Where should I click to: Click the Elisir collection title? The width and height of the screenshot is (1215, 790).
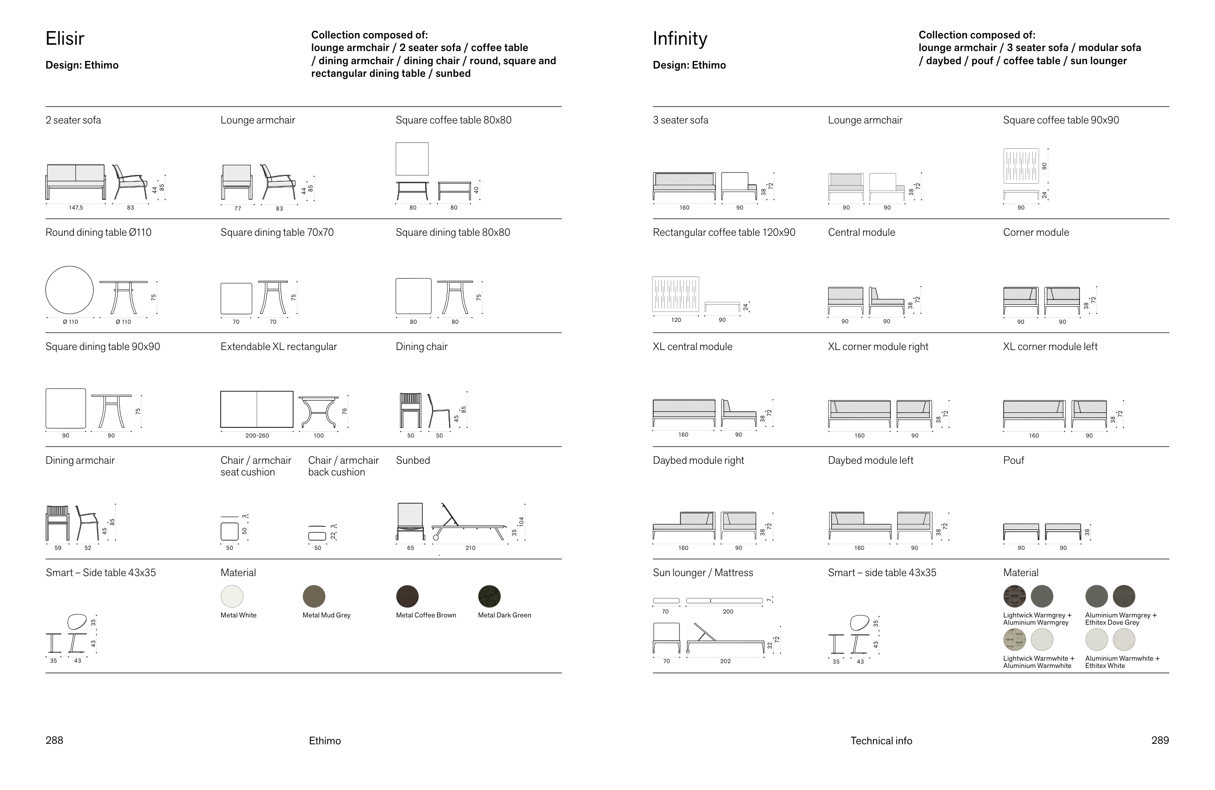click(65, 38)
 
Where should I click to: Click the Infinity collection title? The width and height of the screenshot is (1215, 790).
click(680, 38)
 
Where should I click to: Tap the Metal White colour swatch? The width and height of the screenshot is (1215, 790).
click(232, 596)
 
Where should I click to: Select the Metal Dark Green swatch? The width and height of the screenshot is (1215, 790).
click(489, 596)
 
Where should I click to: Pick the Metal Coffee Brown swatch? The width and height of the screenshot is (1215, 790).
click(407, 596)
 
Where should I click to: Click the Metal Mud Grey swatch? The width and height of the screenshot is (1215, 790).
click(314, 596)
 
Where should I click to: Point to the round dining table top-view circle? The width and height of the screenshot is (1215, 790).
click(69, 290)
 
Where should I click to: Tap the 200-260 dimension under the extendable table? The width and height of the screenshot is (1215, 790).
click(257, 436)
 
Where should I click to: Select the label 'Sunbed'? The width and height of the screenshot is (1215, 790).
click(413, 460)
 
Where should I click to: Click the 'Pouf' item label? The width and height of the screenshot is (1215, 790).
click(1013, 460)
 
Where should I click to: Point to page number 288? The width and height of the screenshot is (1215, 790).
click(54, 740)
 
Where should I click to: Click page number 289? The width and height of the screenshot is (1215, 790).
click(1160, 740)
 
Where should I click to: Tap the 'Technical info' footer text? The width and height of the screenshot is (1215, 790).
click(881, 740)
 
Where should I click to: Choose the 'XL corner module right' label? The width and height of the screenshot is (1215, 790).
click(878, 346)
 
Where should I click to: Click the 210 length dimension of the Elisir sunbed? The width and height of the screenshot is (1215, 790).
click(470, 548)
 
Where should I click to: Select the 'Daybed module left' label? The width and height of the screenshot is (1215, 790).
click(870, 460)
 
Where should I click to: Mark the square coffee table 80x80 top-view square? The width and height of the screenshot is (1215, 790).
click(412, 159)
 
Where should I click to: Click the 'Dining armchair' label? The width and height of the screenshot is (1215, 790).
click(80, 460)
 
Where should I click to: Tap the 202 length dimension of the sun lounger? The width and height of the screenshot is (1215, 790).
click(726, 661)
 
